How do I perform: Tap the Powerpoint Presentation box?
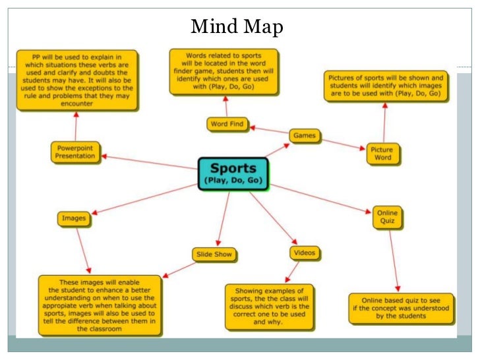(x=75, y=152)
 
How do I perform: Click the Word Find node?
(x=227, y=123)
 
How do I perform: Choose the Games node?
(x=305, y=136)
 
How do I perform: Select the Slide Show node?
(x=214, y=254)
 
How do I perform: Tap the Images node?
(x=74, y=218)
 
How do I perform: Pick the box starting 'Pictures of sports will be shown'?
(x=386, y=86)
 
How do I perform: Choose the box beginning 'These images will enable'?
(x=99, y=304)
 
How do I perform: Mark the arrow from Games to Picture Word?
(x=343, y=144)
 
